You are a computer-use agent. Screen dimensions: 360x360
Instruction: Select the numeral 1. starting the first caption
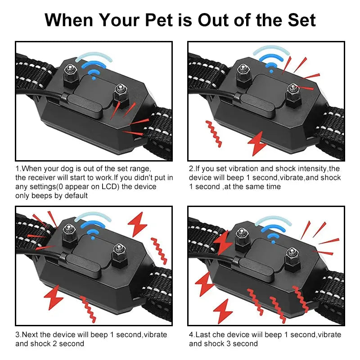(x=18, y=169)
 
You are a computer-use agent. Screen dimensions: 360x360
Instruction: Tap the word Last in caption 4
(x=205, y=335)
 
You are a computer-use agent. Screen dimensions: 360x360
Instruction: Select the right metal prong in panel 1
(x=120, y=93)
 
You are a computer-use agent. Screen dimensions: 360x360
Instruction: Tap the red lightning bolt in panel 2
(x=258, y=144)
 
